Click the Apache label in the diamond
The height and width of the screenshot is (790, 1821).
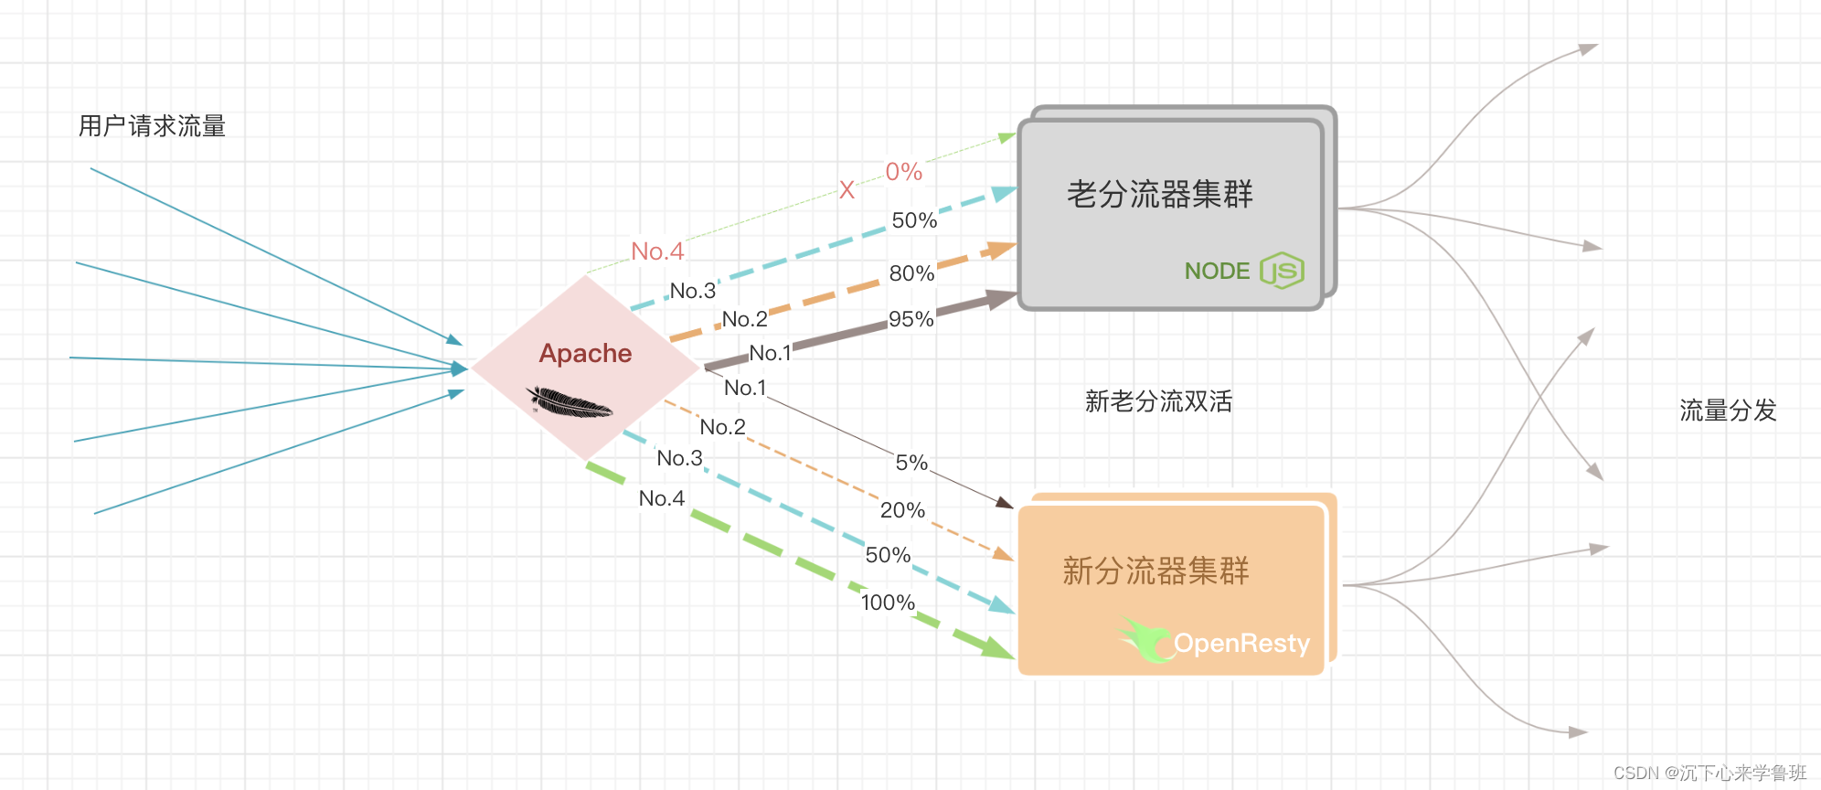click(x=585, y=353)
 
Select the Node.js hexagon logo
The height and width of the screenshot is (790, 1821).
click(x=1282, y=271)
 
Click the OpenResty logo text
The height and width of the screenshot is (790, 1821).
click(x=1241, y=644)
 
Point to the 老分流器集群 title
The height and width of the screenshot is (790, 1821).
click(x=1159, y=194)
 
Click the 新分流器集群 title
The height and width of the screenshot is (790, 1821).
click(x=1155, y=571)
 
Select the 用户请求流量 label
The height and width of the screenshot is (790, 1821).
click(x=152, y=126)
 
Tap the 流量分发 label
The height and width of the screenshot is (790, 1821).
click(x=1728, y=411)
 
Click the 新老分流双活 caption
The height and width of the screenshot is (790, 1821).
click(x=1158, y=401)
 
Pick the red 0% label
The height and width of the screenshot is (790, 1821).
click(x=903, y=172)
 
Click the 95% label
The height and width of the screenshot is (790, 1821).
click(x=910, y=319)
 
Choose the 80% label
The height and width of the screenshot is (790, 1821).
click(x=911, y=273)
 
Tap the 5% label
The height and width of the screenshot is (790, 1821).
click(x=911, y=463)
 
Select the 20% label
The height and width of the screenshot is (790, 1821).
click(x=902, y=510)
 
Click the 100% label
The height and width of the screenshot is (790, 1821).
click(x=888, y=603)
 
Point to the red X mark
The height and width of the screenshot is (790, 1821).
click(x=847, y=190)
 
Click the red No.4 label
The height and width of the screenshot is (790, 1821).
click(x=657, y=251)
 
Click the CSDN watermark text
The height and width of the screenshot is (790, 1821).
click(x=1709, y=773)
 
